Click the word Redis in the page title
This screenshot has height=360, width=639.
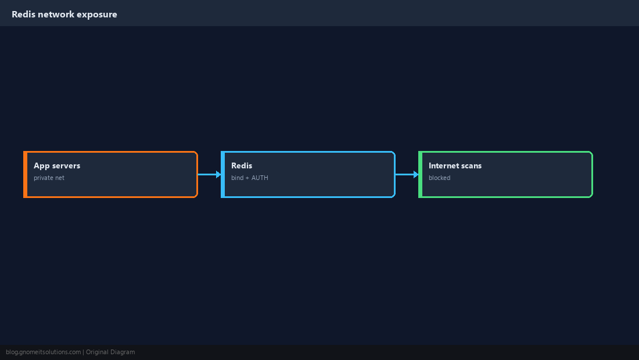click(x=23, y=15)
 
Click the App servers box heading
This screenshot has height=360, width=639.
click(x=57, y=165)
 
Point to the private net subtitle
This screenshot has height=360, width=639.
click(x=49, y=178)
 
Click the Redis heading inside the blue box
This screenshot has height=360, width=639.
click(x=242, y=165)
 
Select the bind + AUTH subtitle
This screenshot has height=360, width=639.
click(x=249, y=178)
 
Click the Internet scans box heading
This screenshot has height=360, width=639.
click(x=455, y=165)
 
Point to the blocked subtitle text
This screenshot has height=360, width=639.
click(x=439, y=178)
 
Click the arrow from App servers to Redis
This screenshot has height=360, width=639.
click(x=210, y=174)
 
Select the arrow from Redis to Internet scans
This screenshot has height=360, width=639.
click(x=407, y=174)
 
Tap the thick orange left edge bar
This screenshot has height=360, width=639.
click(x=25, y=174)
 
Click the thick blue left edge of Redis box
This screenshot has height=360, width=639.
click(x=222, y=174)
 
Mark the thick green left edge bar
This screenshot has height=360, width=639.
click(x=420, y=174)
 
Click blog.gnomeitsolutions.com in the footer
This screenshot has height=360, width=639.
click(x=43, y=352)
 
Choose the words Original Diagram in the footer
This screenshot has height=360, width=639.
click(x=110, y=352)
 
